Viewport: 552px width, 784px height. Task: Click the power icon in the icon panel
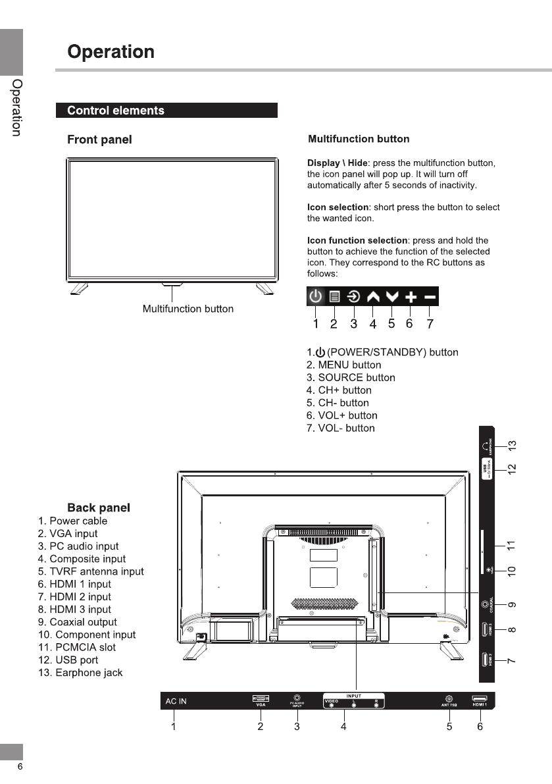point(316,297)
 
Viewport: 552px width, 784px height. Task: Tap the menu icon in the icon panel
point(334,297)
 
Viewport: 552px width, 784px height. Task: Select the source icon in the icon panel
point(353,297)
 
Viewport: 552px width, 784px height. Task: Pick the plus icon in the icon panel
point(411,297)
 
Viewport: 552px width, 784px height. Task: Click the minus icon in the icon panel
point(430,297)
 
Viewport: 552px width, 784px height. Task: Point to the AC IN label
point(176,701)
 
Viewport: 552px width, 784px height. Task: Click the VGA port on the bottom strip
point(261,698)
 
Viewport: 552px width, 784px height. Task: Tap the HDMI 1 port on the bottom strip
point(480,698)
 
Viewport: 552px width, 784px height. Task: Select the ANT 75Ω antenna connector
point(449,698)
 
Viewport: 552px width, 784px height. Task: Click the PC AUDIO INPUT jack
point(297,697)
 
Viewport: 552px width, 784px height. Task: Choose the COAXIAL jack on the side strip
point(487,602)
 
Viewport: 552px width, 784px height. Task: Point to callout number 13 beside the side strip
point(512,446)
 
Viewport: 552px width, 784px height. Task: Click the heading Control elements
point(116,111)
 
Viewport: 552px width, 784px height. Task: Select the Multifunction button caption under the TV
point(188,309)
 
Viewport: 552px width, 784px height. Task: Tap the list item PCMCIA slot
point(76,647)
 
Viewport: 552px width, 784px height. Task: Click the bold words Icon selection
point(338,208)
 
